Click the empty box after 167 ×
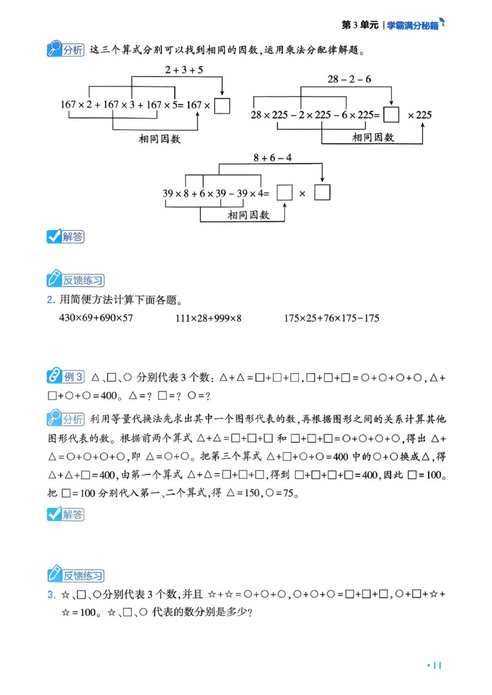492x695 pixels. (x=223, y=105)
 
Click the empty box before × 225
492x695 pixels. (x=391, y=114)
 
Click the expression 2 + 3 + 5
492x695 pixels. (x=184, y=70)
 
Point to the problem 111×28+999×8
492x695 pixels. (x=208, y=318)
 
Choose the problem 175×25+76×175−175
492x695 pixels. (x=331, y=318)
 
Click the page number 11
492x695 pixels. (x=437, y=665)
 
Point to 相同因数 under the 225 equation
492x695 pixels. (x=373, y=138)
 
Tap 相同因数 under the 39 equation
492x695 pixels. (x=248, y=215)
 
